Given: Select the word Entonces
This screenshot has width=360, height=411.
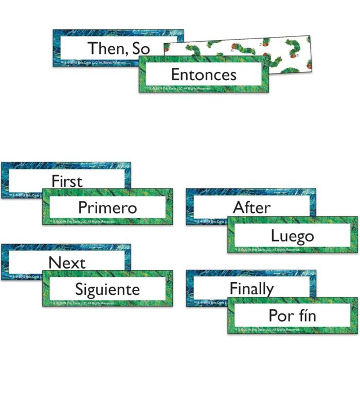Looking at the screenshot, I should pos(203,74).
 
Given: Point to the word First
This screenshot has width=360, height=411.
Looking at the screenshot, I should pos(67,181).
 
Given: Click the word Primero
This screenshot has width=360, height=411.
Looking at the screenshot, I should pos(107,208).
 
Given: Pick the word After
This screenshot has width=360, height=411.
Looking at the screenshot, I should pos(251,208).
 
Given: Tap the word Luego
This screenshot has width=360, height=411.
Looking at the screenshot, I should pos(292,236).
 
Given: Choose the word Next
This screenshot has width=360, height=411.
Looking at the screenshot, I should pos(67,262).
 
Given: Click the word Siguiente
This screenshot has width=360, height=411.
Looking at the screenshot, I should pos(107,289).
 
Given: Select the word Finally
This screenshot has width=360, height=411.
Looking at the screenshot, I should pos(251,289).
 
